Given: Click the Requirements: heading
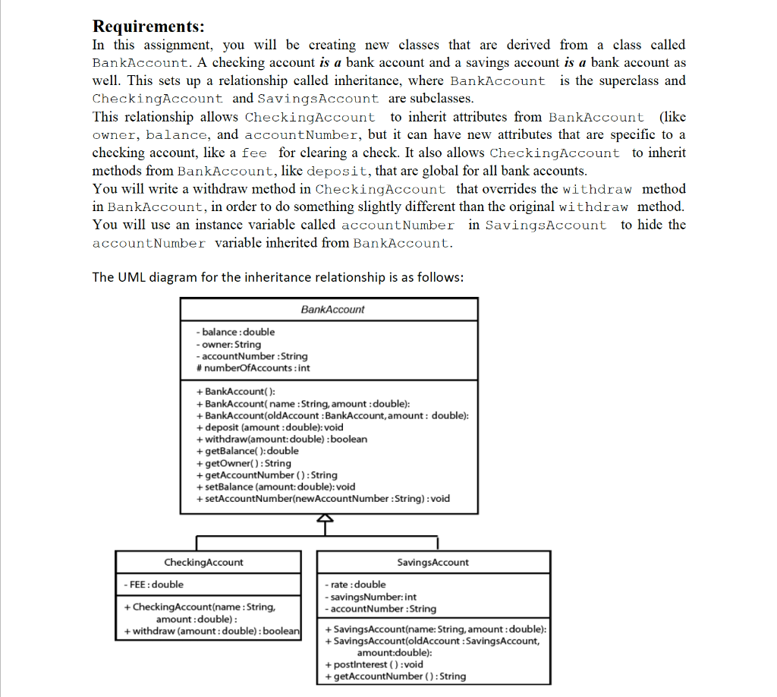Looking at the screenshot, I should click(148, 27).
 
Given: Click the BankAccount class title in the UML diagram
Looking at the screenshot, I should click(332, 310).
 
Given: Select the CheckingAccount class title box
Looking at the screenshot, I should click(204, 563).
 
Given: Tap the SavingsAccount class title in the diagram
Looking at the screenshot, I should click(433, 563).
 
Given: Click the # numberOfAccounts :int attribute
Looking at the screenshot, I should click(253, 368).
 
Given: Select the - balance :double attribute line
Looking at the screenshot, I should click(235, 332).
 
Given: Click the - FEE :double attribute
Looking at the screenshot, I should click(153, 585).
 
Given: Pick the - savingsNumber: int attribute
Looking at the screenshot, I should click(370, 597).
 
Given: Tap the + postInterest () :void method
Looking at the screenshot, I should click(373, 664).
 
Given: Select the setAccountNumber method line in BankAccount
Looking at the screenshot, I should click(322, 499).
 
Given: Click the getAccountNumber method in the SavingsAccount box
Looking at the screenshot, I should click(395, 676).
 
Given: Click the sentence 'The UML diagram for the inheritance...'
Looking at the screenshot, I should click(277, 277).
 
